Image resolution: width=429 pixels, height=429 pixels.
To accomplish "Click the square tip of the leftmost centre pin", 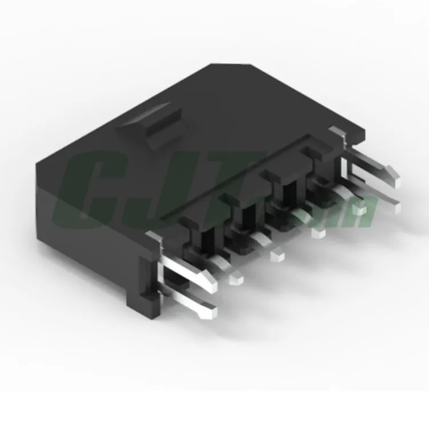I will (x=235, y=279).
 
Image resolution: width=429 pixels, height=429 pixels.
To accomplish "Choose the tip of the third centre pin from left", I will (x=318, y=232).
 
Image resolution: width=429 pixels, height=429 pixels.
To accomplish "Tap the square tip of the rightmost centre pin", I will (x=359, y=210).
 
